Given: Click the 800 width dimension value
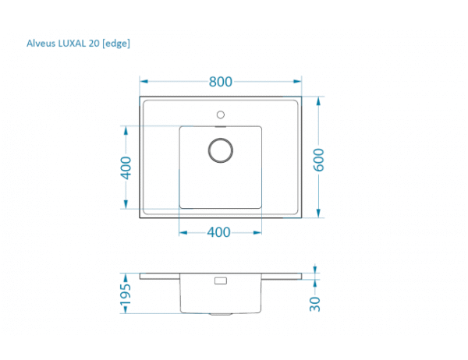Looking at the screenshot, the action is [x=220, y=82].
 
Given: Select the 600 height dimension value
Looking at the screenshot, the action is [x=318, y=160].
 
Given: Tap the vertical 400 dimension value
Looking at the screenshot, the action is [x=126, y=168].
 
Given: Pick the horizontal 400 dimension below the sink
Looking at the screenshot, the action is [x=218, y=232].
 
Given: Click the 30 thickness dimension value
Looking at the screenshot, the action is [x=315, y=304].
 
